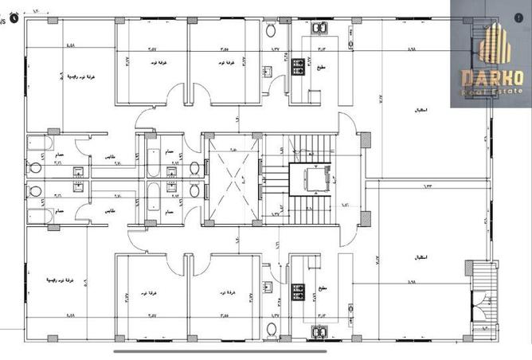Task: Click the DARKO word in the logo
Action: [491, 77]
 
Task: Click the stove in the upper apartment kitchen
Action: [301, 65]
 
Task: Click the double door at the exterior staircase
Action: [481, 307]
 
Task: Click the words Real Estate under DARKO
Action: [491, 92]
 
